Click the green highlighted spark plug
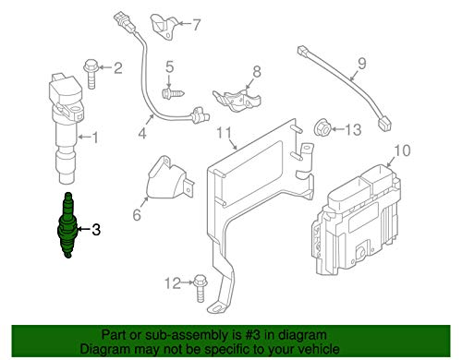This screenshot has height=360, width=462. coord(67,225)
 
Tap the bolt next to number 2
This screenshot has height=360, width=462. coord(91,74)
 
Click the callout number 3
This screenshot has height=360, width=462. coord(96,230)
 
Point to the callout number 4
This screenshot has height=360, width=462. coord(142,134)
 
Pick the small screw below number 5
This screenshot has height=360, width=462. coord(173,92)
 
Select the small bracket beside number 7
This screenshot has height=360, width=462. coord(163,27)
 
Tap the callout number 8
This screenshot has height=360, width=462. coord(257,72)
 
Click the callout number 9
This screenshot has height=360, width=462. coord(362,63)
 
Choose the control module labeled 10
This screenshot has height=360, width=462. coord(356,220)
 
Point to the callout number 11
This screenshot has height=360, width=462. coord(224,133)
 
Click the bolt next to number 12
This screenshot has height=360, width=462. coord(201,288)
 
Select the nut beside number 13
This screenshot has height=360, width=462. coord(322,128)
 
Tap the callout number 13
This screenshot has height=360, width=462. coord(353,129)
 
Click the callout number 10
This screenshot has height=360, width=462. coord(402,150)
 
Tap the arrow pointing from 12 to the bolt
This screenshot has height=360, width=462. coord(188,282)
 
